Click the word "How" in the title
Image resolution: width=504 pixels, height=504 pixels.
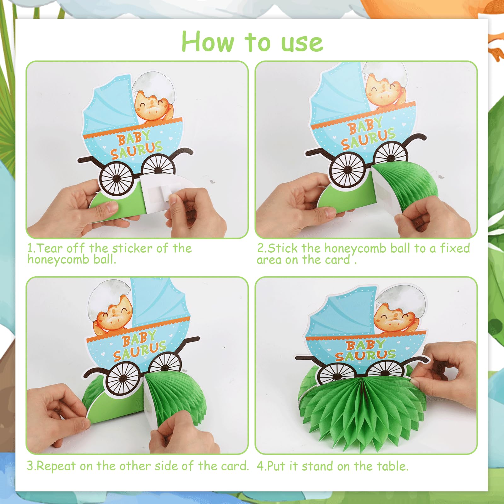(x=208, y=42)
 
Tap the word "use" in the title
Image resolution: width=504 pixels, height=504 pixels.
(x=302, y=43)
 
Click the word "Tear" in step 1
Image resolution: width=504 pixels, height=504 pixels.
(x=49, y=248)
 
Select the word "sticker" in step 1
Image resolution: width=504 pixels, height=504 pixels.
(x=132, y=248)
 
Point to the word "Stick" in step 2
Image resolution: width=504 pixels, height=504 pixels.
(x=283, y=248)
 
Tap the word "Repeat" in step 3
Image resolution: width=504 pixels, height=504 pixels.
(x=56, y=466)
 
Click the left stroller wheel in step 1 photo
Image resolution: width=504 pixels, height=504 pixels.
(x=117, y=178)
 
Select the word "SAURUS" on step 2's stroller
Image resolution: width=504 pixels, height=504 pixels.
(x=368, y=139)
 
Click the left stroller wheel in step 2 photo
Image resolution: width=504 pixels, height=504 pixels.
(x=347, y=170)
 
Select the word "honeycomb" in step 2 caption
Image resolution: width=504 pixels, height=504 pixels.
(x=355, y=249)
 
